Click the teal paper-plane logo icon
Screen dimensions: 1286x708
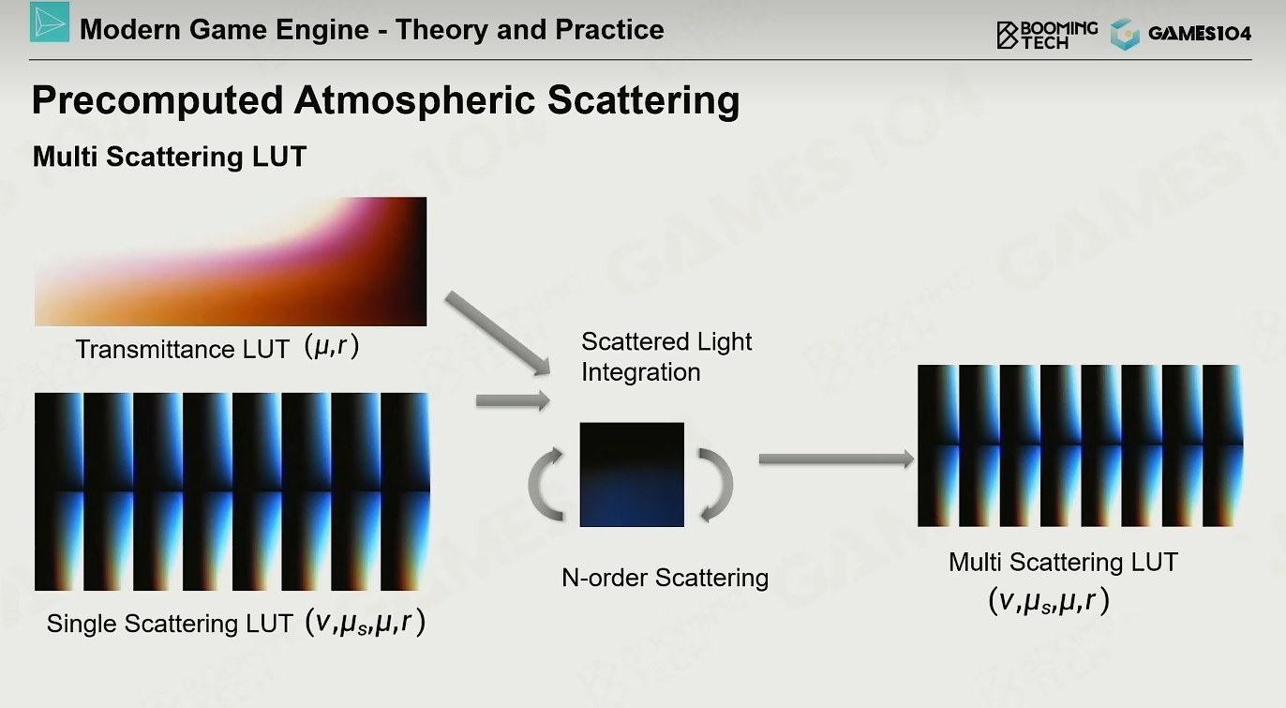coord(50,23)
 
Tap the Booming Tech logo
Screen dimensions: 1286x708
coord(1047,35)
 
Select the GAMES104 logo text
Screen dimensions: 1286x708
coord(1200,34)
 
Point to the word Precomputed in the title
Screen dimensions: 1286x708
coord(157,101)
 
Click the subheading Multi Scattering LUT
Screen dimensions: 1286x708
coord(170,157)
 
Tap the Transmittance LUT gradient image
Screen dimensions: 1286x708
coord(231,262)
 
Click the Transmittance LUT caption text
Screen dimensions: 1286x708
coord(182,349)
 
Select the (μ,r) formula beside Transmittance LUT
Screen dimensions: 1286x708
coord(332,346)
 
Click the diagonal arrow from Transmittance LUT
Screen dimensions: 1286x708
coord(498,334)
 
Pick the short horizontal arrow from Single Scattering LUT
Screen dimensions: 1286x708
coord(513,400)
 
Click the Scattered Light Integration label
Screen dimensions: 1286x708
coord(665,356)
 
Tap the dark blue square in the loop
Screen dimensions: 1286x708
coord(632,475)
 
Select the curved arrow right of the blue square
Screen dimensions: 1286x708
coord(717,485)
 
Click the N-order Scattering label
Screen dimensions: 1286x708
coord(665,578)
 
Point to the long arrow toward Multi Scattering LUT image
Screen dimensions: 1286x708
coord(836,459)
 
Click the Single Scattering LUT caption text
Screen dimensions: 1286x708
coord(170,624)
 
